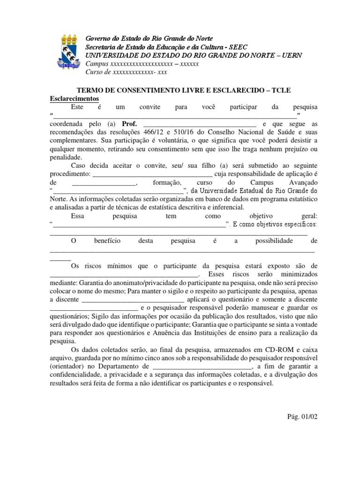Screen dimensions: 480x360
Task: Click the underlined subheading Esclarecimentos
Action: click(74, 99)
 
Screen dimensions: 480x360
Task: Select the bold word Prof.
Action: click(129, 124)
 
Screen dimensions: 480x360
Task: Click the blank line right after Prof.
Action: click(199, 124)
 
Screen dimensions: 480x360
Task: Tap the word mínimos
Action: click(121, 266)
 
